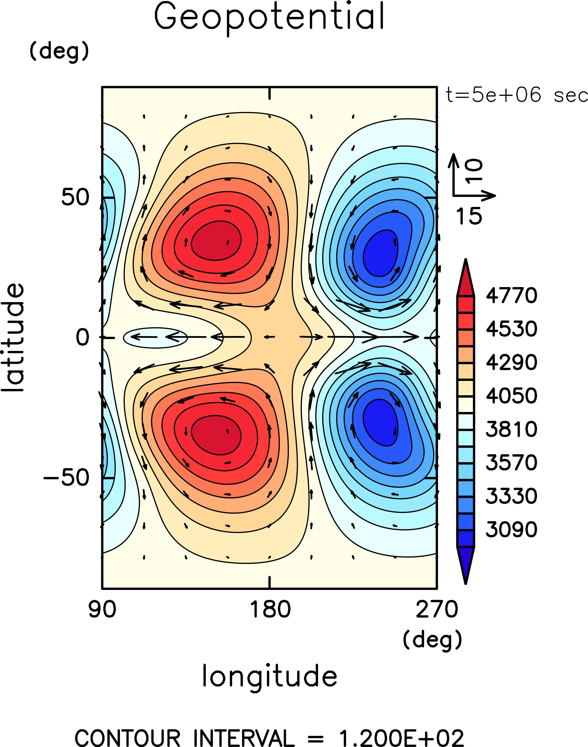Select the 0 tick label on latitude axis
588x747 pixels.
pyautogui.click(x=83, y=338)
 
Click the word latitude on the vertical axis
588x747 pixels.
pyautogui.click(x=14, y=338)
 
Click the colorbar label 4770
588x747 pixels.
pyautogui.click(x=511, y=296)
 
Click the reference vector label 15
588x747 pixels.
pyautogui.click(x=469, y=216)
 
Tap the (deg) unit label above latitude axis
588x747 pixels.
pyautogui.click(x=59, y=52)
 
